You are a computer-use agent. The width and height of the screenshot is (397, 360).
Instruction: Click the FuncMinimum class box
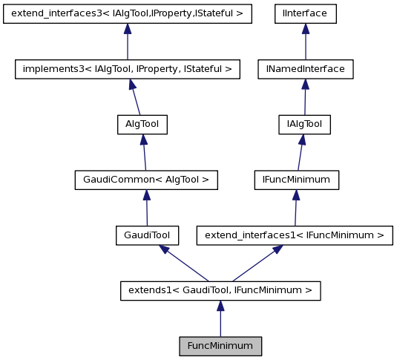pyautogui.click(x=220, y=346)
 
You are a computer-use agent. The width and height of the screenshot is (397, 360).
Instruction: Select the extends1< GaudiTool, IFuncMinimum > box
pyautogui.click(x=220, y=290)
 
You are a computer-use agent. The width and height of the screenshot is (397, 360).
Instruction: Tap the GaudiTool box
pyautogui.click(x=147, y=235)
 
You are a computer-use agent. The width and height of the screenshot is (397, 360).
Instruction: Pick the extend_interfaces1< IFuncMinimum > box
pyautogui.click(x=294, y=235)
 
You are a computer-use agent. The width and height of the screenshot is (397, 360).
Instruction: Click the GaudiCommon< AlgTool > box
pyautogui.click(x=146, y=180)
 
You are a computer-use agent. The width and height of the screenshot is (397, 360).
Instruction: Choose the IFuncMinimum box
pyautogui.click(x=296, y=180)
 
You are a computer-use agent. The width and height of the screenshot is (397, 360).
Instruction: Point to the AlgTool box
pyautogui.click(x=142, y=124)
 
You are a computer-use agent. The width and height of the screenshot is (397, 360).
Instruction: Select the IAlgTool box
pyautogui.click(x=304, y=124)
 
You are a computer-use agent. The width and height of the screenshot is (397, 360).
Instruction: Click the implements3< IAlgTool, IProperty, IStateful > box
pyautogui.click(x=128, y=69)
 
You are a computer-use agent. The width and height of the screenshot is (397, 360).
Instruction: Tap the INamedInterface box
pyautogui.click(x=305, y=69)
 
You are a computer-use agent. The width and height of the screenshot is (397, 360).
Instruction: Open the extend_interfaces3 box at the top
pyautogui.click(x=128, y=13)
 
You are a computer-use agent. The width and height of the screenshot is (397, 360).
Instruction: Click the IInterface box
pyautogui.click(x=305, y=13)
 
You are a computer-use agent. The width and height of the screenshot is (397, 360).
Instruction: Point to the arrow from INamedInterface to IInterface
pyautogui.click(x=305, y=43)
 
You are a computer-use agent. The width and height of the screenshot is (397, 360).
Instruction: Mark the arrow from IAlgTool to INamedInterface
pyautogui.click(x=304, y=98)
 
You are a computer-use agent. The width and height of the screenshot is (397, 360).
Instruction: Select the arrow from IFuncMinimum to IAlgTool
pyautogui.click(x=300, y=154)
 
